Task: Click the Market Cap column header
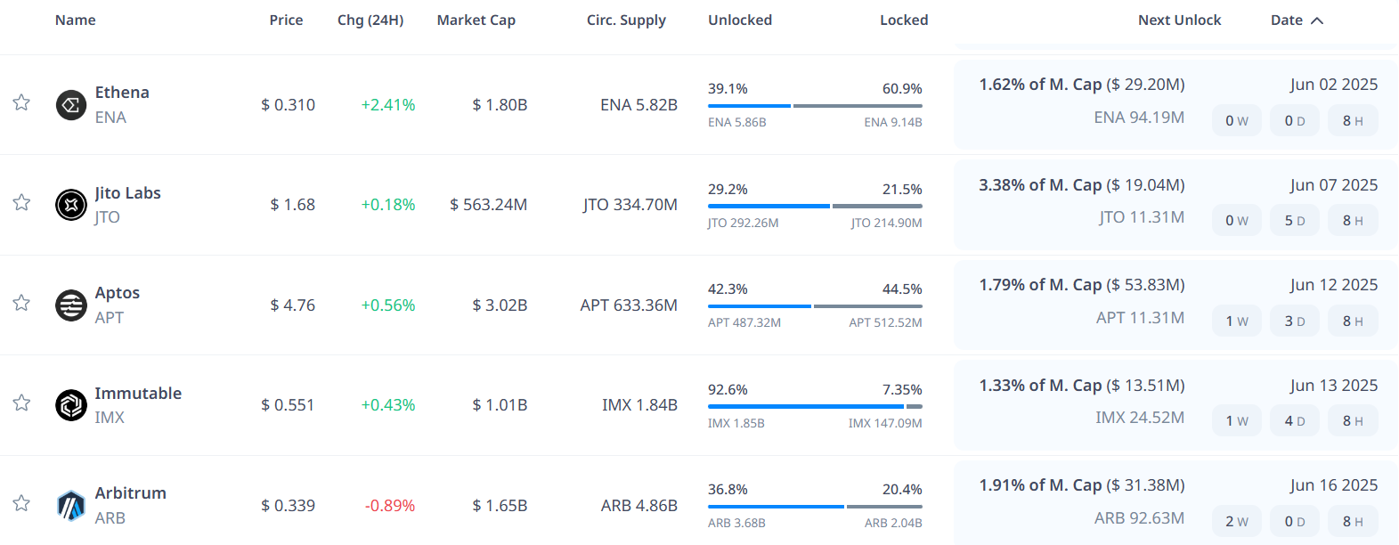[476, 20]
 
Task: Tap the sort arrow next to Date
[1317, 20]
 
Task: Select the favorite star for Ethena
[21, 102]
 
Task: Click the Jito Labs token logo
[71, 205]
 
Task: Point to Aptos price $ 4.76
[292, 305]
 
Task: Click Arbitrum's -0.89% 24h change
[389, 505]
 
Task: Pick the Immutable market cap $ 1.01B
[500, 404]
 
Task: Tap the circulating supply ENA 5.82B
[638, 104]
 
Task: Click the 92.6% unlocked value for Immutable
[728, 389]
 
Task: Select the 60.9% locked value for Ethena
[902, 88]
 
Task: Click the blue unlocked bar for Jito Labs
[769, 206]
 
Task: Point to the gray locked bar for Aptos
[867, 306]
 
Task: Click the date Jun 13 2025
[1333, 385]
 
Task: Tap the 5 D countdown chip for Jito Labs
[1295, 220]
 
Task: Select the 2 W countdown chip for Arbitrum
[1236, 521]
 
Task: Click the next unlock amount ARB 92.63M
[1139, 517]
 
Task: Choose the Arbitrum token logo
[71, 506]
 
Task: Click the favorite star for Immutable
[21, 403]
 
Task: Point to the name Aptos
[118, 292]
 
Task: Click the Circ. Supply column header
[626, 20]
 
